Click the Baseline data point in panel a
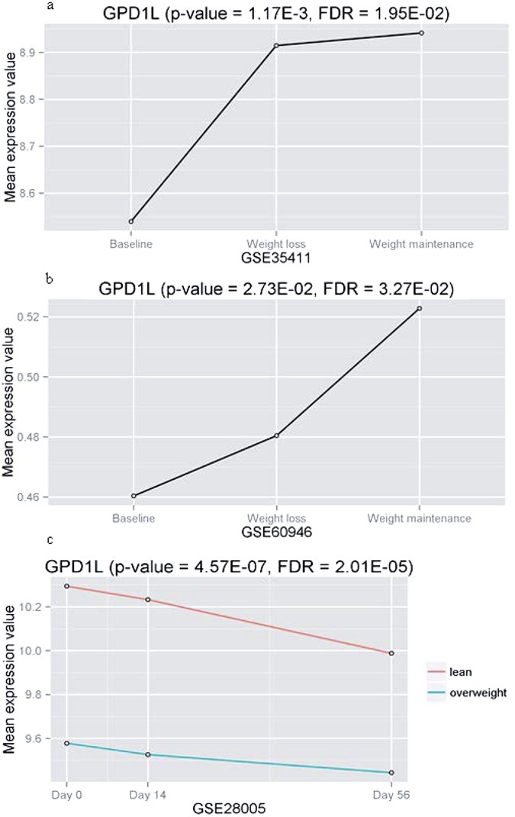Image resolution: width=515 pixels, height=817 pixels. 131,221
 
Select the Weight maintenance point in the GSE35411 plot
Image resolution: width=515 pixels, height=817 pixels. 421,33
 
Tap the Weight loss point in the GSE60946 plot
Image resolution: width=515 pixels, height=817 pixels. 276,436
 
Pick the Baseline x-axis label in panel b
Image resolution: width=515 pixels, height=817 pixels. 134,519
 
